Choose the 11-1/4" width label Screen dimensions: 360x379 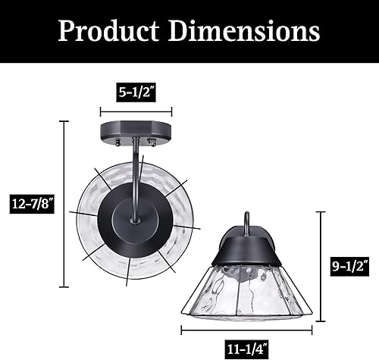(247, 349)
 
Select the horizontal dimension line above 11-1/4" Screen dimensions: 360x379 (246, 330)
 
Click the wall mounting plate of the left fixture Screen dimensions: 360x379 (133, 133)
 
